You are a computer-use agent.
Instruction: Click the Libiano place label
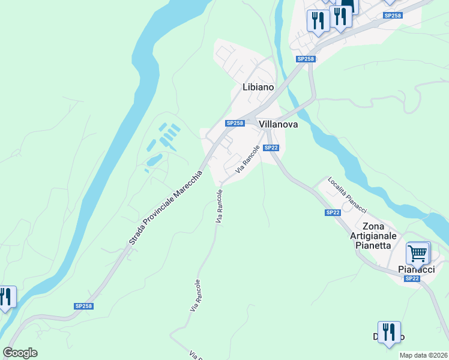click(258, 87)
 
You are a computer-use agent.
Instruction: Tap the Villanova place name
click(279, 124)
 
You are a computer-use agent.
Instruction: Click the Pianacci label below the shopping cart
click(417, 269)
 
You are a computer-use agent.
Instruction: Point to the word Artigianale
click(373, 236)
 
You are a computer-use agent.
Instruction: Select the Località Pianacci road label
click(347, 194)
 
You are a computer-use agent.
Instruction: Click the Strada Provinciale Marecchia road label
click(167, 207)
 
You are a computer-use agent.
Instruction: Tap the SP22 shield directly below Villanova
click(271, 148)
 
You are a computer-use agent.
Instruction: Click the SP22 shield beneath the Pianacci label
click(412, 278)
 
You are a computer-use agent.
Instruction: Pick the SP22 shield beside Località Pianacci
click(333, 212)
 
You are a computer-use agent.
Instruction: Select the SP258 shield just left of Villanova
click(235, 123)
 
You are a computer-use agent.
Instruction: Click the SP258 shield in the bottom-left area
click(83, 306)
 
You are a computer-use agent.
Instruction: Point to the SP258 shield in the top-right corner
click(392, 16)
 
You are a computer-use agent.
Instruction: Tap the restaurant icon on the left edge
click(5, 298)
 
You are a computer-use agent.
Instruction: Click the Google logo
click(20, 353)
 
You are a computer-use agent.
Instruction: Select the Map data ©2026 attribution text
click(423, 355)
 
